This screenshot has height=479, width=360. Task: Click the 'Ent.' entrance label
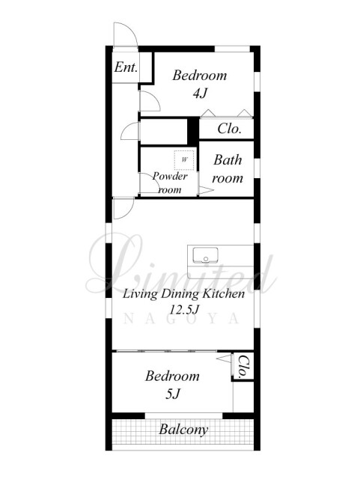coord(126,67)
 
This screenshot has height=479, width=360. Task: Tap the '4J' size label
coord(200,93)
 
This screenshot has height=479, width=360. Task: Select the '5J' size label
coord(172,394)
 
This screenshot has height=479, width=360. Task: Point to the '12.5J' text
coord(184,310)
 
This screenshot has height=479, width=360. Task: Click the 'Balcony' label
coord(183,430)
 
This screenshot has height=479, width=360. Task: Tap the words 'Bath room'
coord(228,169)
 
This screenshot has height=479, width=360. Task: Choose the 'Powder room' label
coord(170,183)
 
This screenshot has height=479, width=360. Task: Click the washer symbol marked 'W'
coord(184,159)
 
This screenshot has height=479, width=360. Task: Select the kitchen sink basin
coord(205,255)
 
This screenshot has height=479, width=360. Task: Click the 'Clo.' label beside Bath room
coord(230,129)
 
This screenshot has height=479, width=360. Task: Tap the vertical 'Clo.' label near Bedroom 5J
coord(242,367)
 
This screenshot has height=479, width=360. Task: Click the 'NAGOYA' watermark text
coord(181,319)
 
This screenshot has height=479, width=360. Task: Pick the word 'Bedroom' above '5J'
coord(172,376)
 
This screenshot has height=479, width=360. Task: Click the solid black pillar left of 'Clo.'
coord(193,132)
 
